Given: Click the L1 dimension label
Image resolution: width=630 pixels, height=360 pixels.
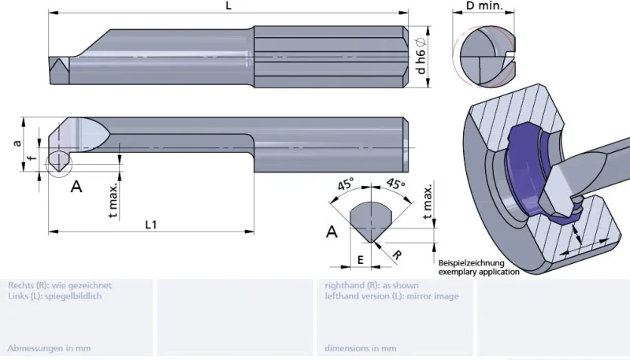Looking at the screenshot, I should point(151,225).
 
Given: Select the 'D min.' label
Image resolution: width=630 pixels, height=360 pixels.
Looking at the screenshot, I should point(480,6).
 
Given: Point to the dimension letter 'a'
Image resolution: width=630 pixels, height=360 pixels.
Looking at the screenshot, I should point(17,143).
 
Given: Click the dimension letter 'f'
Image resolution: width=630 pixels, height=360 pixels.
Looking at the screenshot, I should point(29,160).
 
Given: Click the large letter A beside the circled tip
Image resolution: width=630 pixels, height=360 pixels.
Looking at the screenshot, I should point(76,187).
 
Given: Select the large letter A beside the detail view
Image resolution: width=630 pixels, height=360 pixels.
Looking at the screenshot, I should point(332,232).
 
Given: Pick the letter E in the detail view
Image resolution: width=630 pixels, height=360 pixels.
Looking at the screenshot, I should point(360,259).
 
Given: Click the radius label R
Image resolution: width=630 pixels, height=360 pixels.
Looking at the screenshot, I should point(398,255).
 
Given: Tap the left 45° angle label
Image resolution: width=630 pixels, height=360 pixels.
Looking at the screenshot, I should point(346,187).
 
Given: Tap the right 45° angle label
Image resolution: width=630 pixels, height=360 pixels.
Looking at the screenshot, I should point(395,187).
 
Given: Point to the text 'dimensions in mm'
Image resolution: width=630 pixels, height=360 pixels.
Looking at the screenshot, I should point(360,347).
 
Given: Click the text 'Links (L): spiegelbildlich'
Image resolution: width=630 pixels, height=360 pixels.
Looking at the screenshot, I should point(54,296).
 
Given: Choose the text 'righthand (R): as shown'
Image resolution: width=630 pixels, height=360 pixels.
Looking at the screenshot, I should point(372,285).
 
